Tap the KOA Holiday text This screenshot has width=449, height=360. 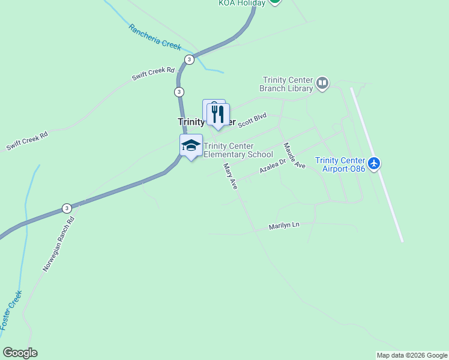point(241,3)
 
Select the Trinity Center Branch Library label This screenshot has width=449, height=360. point(286,84)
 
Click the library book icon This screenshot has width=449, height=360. point(322,83)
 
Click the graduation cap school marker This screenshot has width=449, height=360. point(191,146)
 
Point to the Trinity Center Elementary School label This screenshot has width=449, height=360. point(238,150)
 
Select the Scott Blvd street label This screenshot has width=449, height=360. point(252,121)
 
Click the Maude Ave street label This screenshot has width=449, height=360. point(295,155)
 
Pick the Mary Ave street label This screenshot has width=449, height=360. point(231,176)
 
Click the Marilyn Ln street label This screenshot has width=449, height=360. point(284,226)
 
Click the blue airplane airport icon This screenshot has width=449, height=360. point(375,163)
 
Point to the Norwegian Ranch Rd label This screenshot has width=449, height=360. point(58,244)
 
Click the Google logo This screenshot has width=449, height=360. point(20,353)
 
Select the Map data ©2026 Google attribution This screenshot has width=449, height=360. point(412,355)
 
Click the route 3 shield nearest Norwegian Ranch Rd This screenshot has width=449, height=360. point(66,208)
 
